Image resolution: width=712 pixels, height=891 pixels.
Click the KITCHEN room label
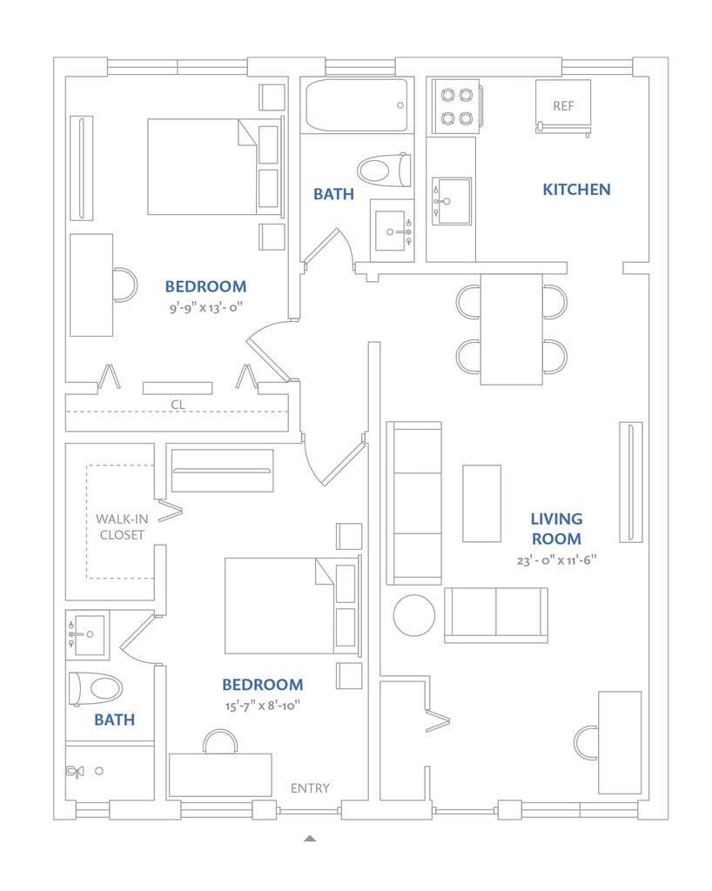pyautogui.click(x=576, y=189)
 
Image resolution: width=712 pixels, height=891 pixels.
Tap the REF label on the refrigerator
pyautogui.click(x=563, y=106)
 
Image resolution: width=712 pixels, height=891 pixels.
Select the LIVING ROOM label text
pyautogui.click(x=556, y=528)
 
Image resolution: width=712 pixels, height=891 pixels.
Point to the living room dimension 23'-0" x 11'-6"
pyautogui.click(x=556, y=560)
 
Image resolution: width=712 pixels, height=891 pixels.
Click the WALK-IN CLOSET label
pyautogui.click(x=121, y=526)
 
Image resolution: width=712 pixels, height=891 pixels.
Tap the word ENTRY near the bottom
pyautogui.click(x=310, y=788)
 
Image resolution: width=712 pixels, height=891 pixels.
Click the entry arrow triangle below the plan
pyautogui.click(x=310, y=839)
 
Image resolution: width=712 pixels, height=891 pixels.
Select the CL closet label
pyautogui.click(x=178, y=404)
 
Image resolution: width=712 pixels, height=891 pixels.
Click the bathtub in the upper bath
pyautogui.click(x=356, y=105)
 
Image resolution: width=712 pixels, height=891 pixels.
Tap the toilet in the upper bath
pyautogui.click(x=383, y=169)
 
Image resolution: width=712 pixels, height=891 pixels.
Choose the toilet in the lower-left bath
pyautogui.click(x=95, y=689)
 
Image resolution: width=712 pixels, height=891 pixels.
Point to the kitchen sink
pyautogui.click(x=451, y=201)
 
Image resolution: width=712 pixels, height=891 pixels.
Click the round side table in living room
pyautogui.click(x=413, y=615)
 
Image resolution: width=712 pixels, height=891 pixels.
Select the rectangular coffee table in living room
pyautogui.click(x=481, y=503)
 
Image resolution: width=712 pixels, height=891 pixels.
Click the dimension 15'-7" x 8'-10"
pyautogui.click(x=262, y=707)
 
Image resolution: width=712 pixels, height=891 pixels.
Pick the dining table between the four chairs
pyautogui.click(x=512, y=329)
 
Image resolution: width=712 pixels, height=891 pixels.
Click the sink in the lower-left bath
pyautogui.click(x=86, y=633)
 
